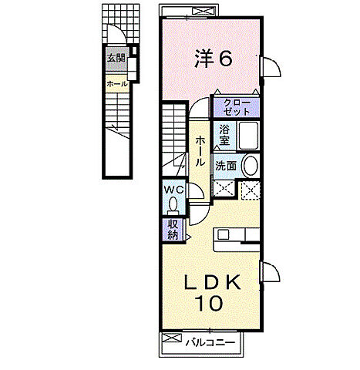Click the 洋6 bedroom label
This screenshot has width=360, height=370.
pyautogui.click(x=214, y=59)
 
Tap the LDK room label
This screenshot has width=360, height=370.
pyautogui.click(x=213, y=282)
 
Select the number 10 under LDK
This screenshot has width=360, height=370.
pyautogui.click(x=209, y=303)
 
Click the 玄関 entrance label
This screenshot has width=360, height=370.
pyautogui.click(x=116, y=58)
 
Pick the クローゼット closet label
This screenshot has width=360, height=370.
pyautogui.click(x=237, y=107)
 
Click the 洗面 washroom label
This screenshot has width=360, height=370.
pyautogui.click(x=226, y=166)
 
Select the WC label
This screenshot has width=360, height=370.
pyautogui.click(x=174, y=190)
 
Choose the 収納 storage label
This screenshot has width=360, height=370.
pyautogui.click(x=173, y=230)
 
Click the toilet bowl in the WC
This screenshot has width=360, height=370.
pyautogui.click(x=173, y=204)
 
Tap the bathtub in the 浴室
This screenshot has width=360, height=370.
pyautogui.click(x=248, y=136)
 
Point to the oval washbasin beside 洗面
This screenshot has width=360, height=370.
pyautogui.click(x=251, y=166)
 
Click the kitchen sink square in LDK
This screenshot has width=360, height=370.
pyautogui.click(x=223, y=234)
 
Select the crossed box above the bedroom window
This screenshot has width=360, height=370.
pyautogui.click(x=204, y=11)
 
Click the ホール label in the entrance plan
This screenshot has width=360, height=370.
pyautogui.click(x=117, y=84)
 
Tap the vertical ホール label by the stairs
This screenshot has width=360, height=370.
pyautogui.click(x=200, y=151)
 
